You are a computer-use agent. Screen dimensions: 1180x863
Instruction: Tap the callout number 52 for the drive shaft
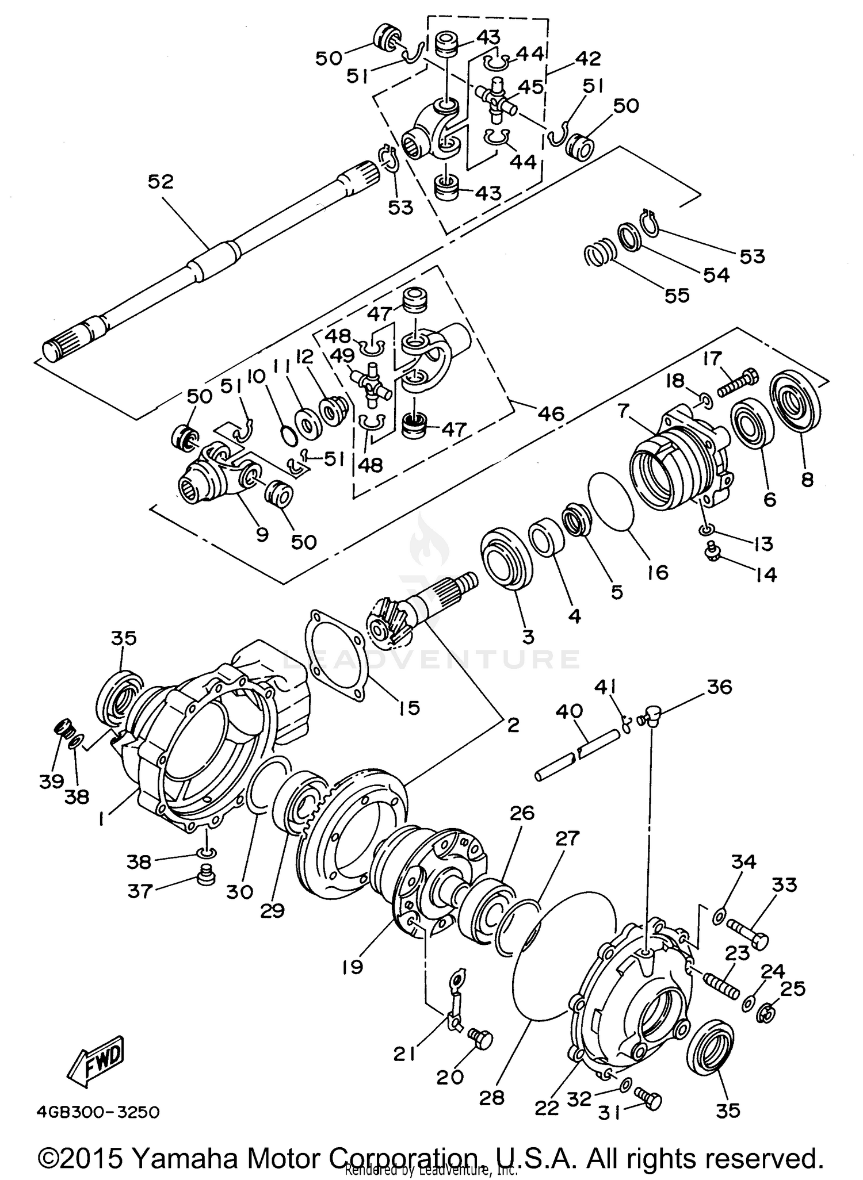pyautogui.click(x=161, y=182)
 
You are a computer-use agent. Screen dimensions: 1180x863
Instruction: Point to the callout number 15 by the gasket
pyautogui.click(x=409, y=707)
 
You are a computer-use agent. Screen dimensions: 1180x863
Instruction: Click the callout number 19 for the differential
pyautogui.click(x=352, y=966)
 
